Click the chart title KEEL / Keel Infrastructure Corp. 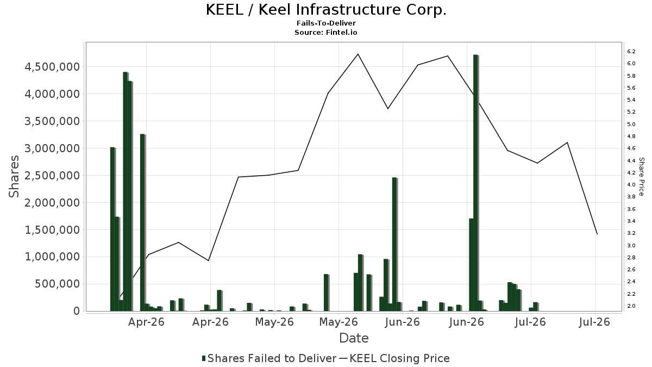pos(326,10)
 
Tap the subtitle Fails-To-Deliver pos(326,23)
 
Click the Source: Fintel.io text pos(326,32)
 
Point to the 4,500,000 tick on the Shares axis pos(52,67)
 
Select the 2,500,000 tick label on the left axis pos(52,175)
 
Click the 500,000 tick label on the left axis pos(58,284)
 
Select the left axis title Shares pos(14,176)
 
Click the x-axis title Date pos(354,338)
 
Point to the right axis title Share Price pos(641,177)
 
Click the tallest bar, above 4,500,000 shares pos(475,183)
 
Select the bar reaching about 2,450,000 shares pos(394,244)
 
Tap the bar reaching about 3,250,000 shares pos(142,222)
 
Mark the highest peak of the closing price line pos(358,54)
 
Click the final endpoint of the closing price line pos(597,234)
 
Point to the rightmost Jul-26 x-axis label pos(594,322)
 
